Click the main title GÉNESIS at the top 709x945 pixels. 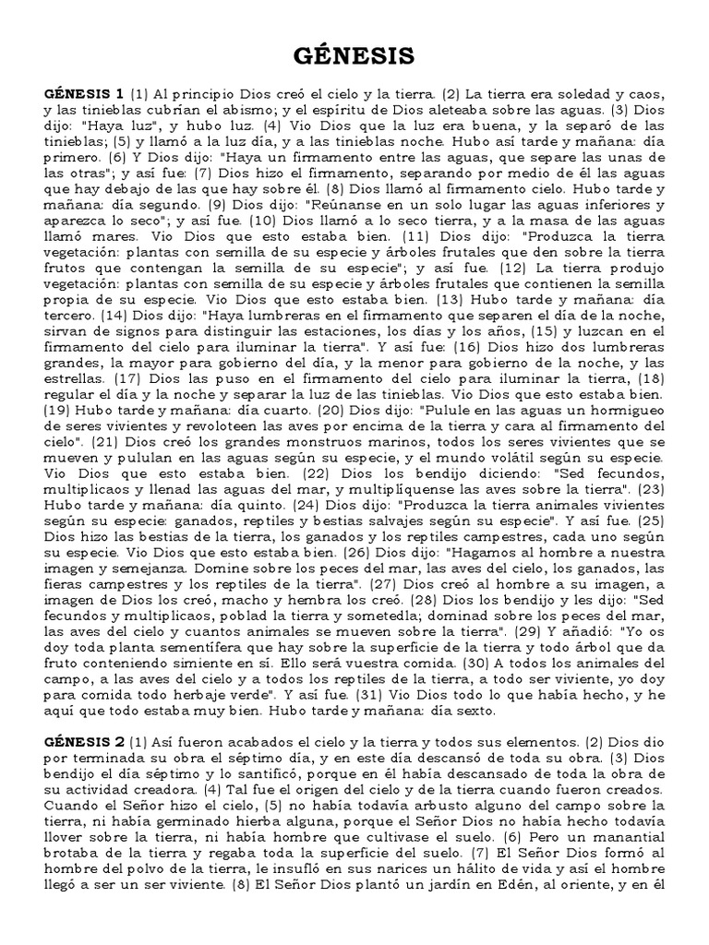point(354,57)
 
